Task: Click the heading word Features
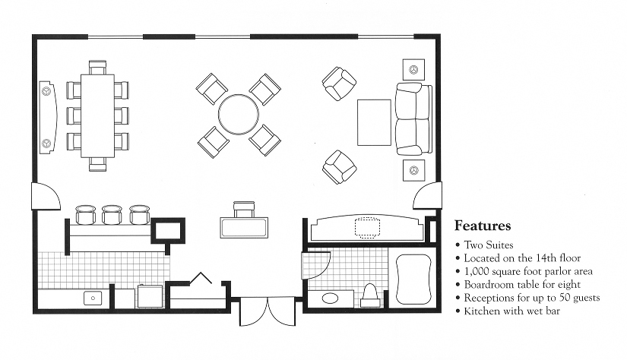click(x=482, y=226)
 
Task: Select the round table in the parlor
click(x=238, y=114)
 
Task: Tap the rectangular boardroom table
click(x=97, y=114)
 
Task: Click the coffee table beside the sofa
click(x=374, y=122)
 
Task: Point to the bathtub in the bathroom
click(x=413, y=277)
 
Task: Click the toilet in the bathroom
click(x=371, y=294)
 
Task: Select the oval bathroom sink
click(x=332, y=297)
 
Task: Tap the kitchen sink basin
click(x=93, y=298)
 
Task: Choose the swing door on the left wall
click(x=46, y=199)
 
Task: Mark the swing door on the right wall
click(x=427, y=196)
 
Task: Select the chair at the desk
click(x=244, y=208)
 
